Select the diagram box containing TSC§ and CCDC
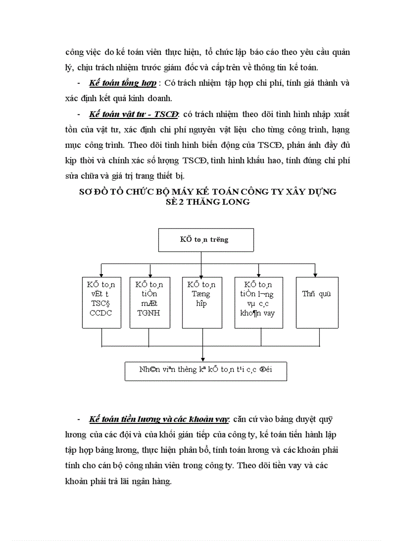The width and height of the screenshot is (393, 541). coord(102,303)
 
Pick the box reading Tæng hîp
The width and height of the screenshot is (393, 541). coord(202,303)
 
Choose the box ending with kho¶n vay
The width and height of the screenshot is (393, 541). coord(258,303)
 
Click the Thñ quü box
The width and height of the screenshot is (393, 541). coord(316,303)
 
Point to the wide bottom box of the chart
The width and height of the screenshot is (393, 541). coord(206,371)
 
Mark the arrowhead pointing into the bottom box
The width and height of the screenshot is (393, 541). coord(203,358)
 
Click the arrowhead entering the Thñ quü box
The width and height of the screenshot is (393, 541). coord(315,274)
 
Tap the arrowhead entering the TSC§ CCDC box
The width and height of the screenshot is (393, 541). coord(101,274)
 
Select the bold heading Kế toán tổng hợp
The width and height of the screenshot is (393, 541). coord(122,83)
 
